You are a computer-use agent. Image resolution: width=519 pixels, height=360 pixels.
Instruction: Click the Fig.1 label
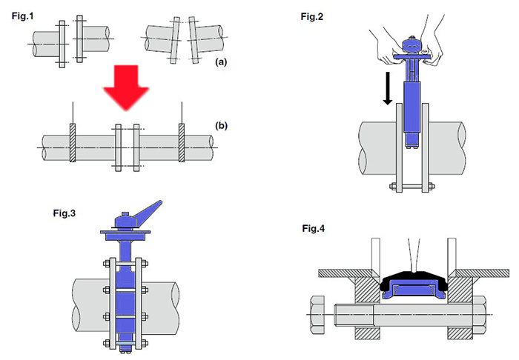tap(22, 16)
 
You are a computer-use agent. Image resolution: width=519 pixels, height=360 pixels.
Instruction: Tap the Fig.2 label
tap(312, 16)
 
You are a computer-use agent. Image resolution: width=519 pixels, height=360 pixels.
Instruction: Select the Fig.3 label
tap(65, 213)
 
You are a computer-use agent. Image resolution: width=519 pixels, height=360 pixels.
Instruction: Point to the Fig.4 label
tap(313, 228)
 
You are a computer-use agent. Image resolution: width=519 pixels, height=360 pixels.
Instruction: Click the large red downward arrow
tap(126, 87)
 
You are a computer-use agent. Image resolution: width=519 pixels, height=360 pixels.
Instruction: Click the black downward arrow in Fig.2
tap(388, 88)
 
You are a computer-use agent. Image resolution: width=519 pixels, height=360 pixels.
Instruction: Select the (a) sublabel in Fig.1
tap(221, 61)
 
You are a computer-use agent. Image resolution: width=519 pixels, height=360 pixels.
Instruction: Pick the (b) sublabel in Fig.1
tap(221, 126)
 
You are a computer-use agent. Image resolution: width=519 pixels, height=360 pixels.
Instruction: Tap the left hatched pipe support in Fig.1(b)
tap(73, 143)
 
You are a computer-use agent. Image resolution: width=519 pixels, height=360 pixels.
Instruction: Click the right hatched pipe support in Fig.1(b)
tap(182, 143)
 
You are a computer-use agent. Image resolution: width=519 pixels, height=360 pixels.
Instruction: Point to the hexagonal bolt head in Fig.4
tap(317, 315)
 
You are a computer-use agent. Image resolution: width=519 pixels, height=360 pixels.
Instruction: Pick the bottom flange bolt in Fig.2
tap(412, 187)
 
